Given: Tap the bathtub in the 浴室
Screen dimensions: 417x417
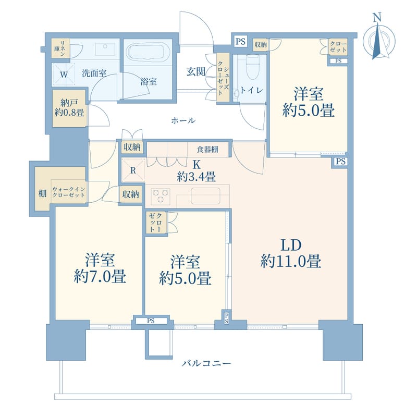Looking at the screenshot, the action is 145,52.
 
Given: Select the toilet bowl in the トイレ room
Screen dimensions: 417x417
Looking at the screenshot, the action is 250,68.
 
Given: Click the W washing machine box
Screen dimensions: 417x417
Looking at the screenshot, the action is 63,75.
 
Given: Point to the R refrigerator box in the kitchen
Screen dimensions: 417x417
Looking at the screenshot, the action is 133,170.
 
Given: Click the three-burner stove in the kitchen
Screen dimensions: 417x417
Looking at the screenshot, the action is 161,197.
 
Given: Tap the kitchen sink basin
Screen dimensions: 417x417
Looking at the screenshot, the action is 205,195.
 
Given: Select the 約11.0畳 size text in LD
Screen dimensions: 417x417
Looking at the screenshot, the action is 291,261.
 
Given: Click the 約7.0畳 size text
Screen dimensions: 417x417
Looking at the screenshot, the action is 100,277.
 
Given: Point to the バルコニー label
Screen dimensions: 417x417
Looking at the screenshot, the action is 206,363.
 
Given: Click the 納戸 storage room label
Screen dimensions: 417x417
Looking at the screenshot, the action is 69,102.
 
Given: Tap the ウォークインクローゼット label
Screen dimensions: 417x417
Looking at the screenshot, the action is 69,192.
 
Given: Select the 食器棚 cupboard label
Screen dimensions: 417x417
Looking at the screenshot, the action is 207,149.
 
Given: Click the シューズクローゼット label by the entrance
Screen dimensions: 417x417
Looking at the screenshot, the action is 223,77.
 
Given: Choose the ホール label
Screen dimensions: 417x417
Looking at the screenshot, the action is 183,120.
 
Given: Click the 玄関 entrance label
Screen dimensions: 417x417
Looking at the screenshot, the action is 196,71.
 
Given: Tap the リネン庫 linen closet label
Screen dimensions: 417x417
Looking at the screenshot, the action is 61,48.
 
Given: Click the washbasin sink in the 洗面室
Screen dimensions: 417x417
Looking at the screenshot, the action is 105,49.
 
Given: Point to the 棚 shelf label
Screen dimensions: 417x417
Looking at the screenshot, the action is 43,193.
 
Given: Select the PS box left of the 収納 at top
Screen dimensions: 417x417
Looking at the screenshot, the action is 240,42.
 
